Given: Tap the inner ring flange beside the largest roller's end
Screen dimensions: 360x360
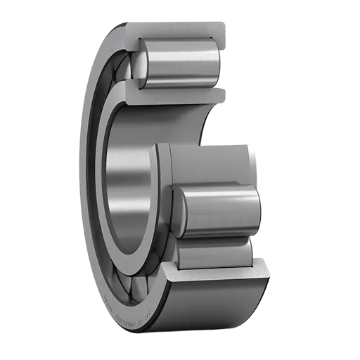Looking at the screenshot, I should [x=163, y=204].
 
